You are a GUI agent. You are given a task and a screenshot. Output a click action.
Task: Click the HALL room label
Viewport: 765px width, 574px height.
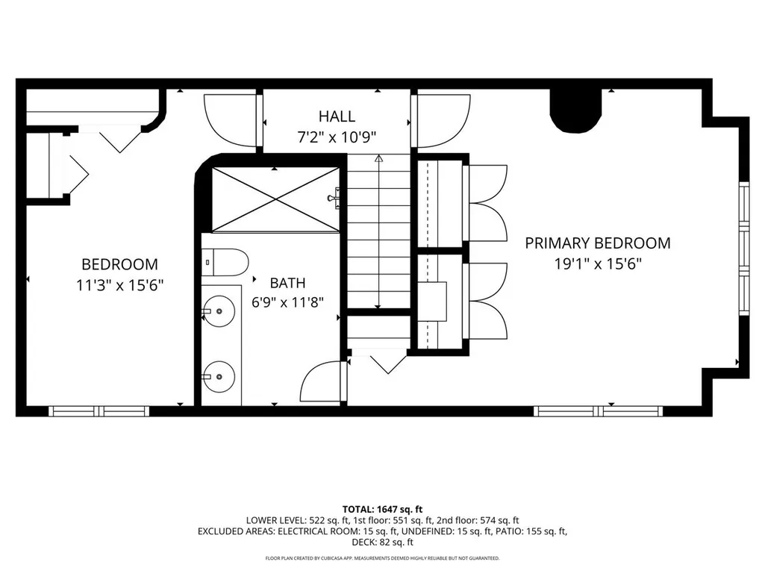point(337,116)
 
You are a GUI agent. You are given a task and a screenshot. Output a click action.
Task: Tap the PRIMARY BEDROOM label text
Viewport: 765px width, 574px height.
point(598,243)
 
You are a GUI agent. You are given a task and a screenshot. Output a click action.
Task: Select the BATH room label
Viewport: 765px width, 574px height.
point(288,283)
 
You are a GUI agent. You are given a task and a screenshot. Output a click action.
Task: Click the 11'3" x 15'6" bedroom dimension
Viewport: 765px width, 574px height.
point(119,285)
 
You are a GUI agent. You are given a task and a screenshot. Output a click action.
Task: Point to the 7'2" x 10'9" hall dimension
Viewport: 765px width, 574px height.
point(337,137)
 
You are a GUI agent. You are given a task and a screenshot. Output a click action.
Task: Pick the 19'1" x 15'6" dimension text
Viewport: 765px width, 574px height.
point(598,264)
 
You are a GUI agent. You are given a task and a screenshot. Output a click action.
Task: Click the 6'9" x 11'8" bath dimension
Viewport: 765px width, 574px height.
point(288,302)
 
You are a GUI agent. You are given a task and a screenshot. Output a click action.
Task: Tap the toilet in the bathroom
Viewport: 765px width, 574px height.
point(225,263)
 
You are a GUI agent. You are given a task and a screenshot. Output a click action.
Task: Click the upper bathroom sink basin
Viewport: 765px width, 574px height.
point(219,311)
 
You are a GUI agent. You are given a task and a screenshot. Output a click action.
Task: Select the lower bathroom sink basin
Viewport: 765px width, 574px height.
point(219,376)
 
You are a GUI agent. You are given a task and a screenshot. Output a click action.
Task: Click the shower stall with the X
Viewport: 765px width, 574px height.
point(275,199)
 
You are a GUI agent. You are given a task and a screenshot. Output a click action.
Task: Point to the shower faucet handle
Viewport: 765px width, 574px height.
point(334,198)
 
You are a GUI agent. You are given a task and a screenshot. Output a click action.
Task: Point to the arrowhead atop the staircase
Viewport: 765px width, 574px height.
point(379,159)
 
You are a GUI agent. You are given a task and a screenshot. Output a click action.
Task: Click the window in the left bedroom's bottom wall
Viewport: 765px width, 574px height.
point(99,411)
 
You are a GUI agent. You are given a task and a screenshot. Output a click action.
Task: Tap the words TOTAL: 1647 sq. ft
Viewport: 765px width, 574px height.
point(382,510)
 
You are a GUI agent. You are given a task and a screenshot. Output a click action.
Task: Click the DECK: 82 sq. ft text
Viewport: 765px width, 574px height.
point(382,542)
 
